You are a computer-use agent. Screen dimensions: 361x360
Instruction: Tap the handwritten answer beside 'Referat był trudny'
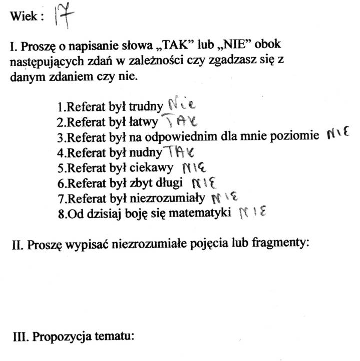click(x=181, y=105)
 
